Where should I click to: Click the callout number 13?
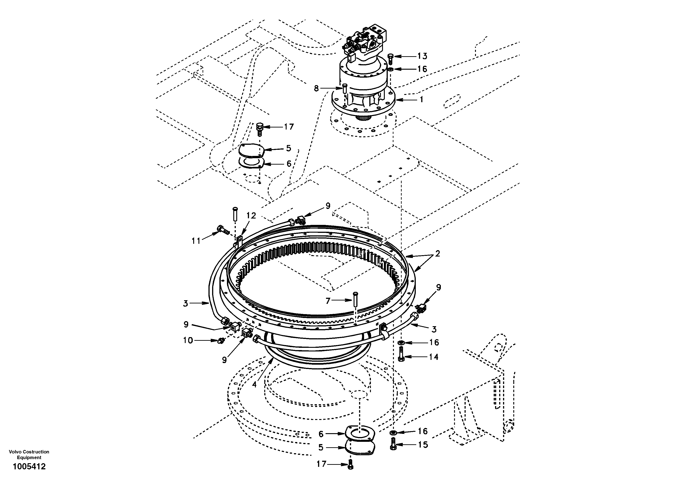coord(423,56)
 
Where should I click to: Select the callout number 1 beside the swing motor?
coord(421,100)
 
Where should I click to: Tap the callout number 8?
coord(316,88)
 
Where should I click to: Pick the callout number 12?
coord(251,216)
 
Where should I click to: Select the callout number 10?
coord(188,341)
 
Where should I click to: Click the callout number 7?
coord(328,301)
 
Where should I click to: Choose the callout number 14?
coord(434,357)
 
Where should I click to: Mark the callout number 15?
coord(423,445)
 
